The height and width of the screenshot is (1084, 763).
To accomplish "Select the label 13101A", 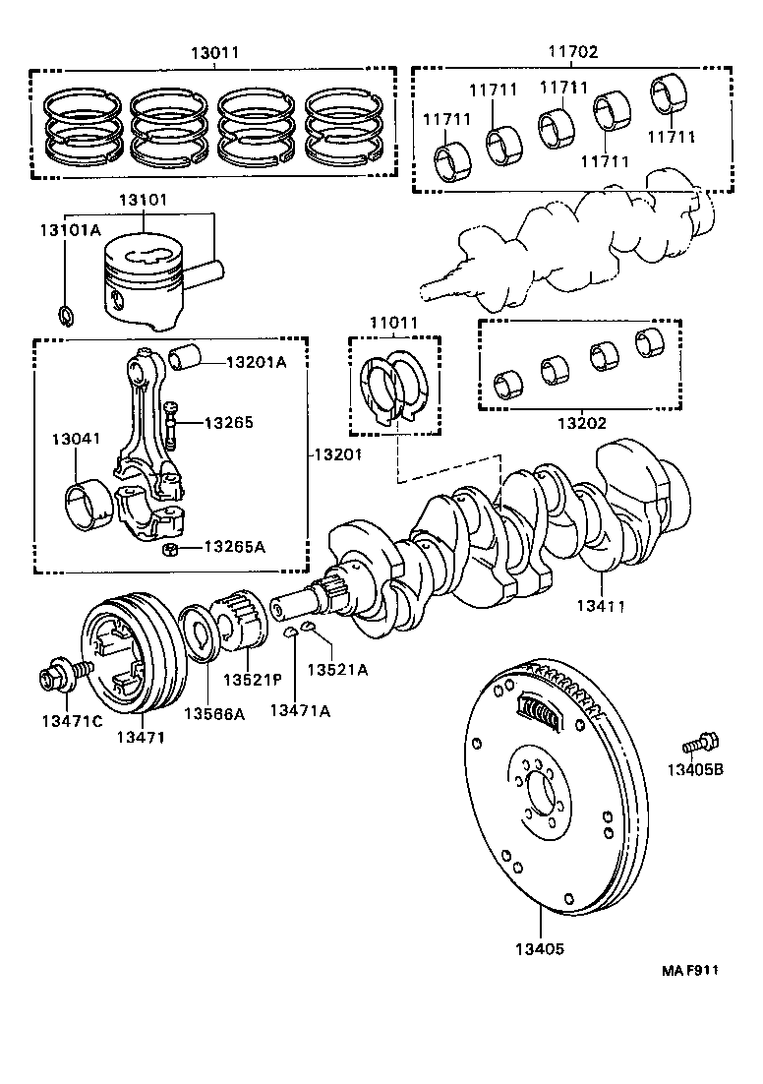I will coord(70,230).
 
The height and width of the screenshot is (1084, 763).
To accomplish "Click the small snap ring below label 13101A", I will coord(66,316).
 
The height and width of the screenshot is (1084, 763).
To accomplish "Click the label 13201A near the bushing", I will coord(256,362).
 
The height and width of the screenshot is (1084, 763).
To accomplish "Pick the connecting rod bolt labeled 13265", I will coord(171,423).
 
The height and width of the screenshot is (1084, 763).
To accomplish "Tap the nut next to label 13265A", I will coord(169,548).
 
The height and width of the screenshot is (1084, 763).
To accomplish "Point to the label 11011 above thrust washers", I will coord(393,323).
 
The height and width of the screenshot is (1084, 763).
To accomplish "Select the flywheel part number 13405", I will coord(540,949).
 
